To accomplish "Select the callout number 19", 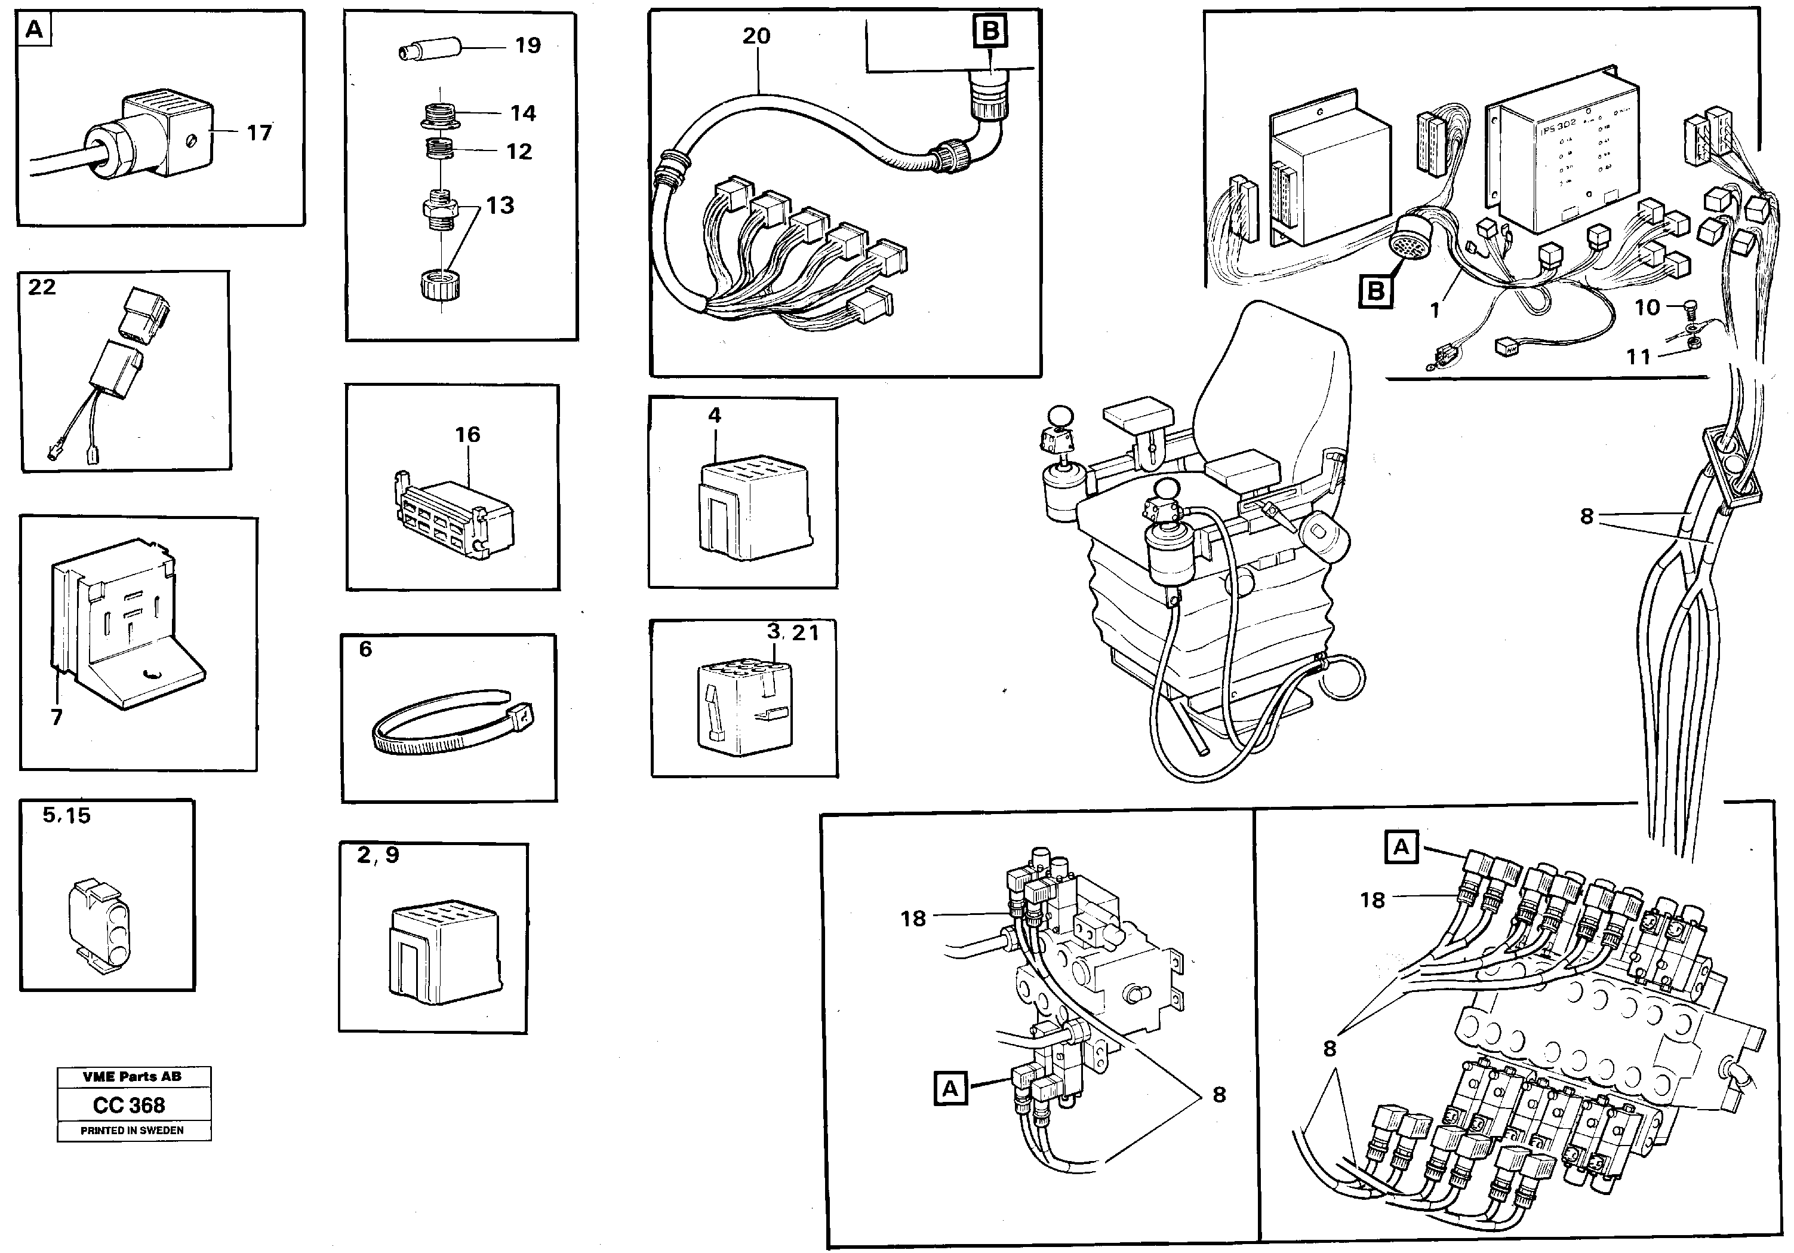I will click(x=527, y=46).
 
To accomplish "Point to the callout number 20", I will click(x=756, y=36).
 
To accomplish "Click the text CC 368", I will click(x=129, y=1105).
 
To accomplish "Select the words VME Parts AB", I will click(x=132, y=1076).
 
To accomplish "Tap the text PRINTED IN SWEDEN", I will click(x=132, y=1131).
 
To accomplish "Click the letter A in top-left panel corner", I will click(x=33, y=30).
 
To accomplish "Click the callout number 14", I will click(x=523, y=114).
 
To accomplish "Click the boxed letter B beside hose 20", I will click(x=990, y=31).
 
